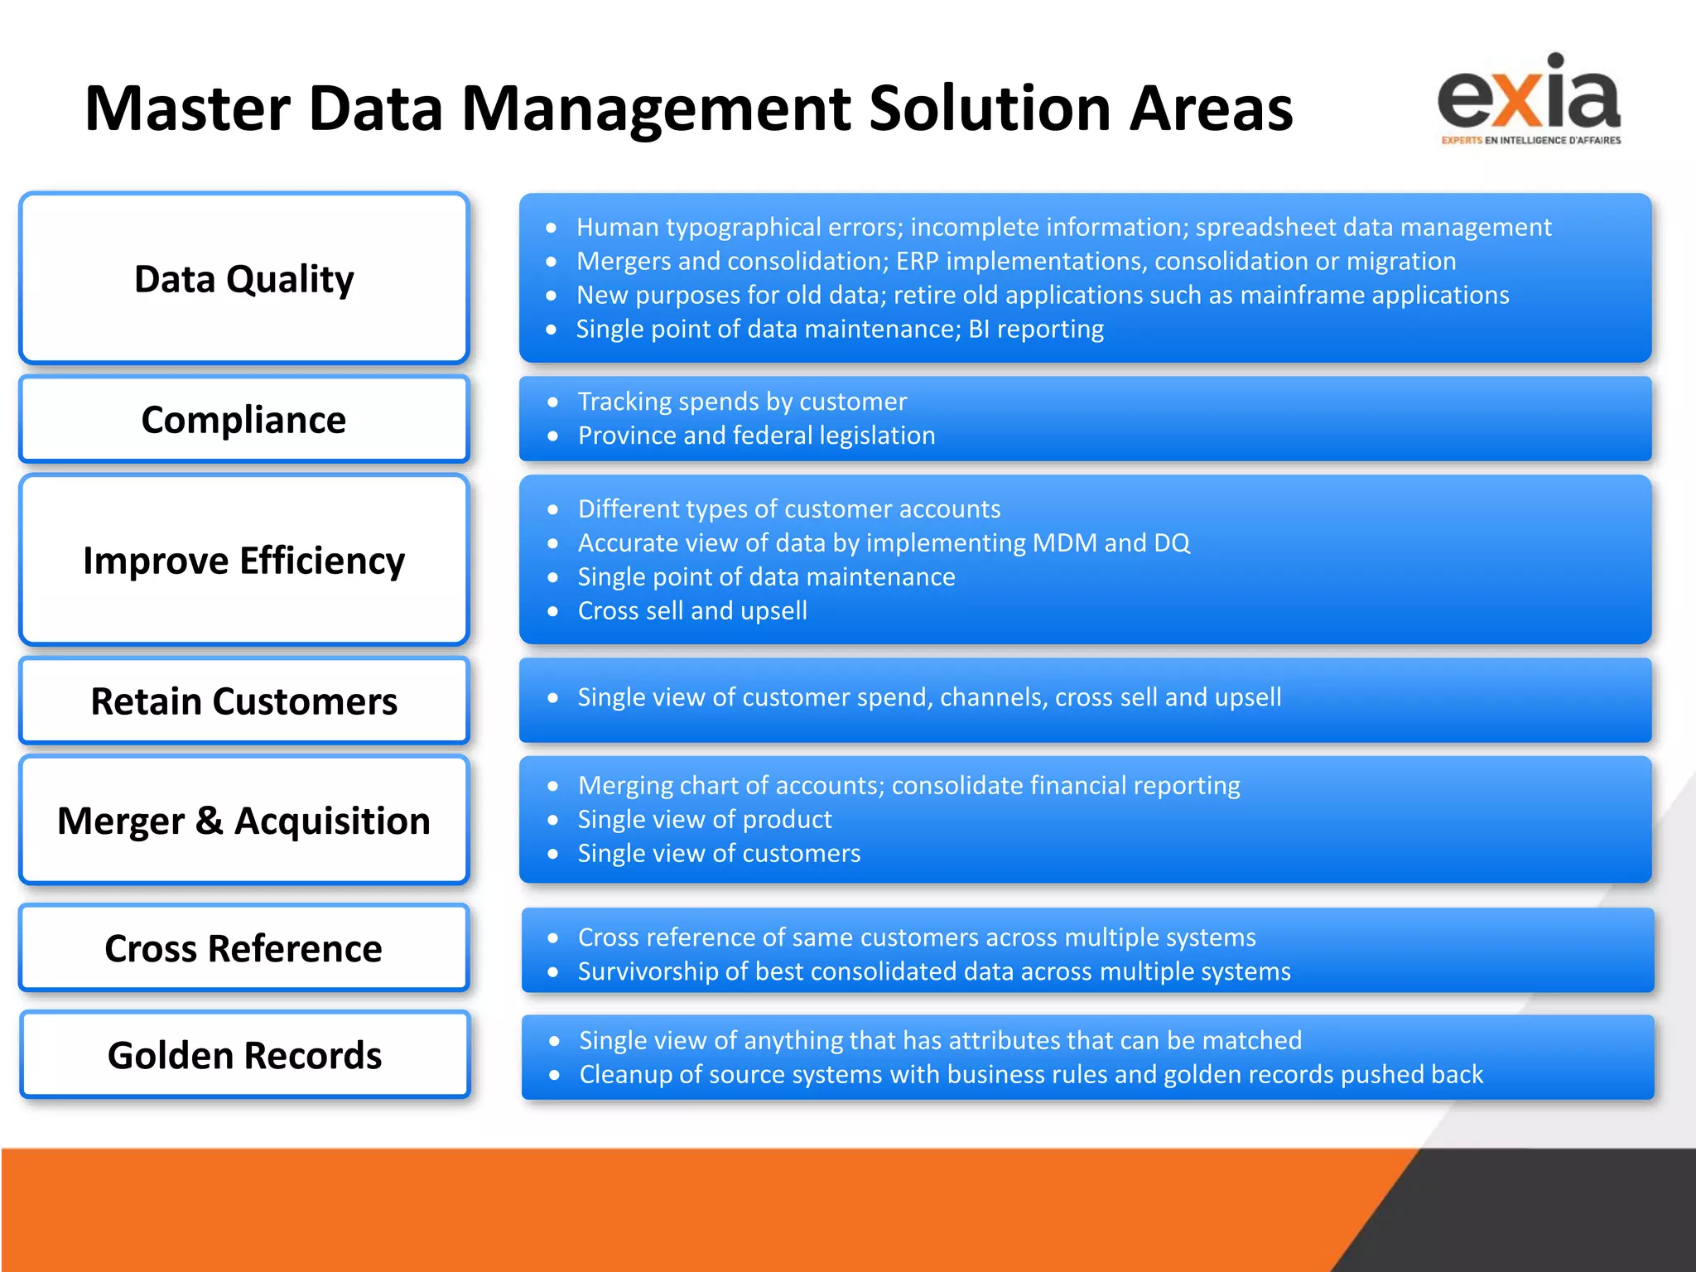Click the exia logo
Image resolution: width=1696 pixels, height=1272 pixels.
coord(1529,95)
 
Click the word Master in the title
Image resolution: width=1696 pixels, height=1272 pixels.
coord(187,108)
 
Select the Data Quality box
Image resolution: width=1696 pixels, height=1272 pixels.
coord(244,279)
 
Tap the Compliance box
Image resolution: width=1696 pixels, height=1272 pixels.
coord(244,420)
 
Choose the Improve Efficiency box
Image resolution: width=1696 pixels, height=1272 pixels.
coord(244,561)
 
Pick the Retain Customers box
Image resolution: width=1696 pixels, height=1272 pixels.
coord(244,701)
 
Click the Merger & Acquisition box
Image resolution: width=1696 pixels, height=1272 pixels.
coord(244,821)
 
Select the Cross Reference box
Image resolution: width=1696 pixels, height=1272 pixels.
coord(244,948)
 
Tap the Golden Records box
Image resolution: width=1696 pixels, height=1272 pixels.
coord(244,1055)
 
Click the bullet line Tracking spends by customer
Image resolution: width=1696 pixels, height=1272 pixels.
coord(742,402)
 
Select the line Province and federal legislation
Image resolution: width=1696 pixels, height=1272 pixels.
coord(756,436)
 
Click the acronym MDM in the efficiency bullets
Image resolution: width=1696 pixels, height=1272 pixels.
coord(1064,543)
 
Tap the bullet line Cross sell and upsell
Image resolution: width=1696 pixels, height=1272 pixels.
coord(692,611)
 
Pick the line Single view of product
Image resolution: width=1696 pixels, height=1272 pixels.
coord(705,820)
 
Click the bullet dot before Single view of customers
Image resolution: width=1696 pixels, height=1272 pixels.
coord(553,854)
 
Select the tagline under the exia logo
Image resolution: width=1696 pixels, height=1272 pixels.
coord(1530,141)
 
